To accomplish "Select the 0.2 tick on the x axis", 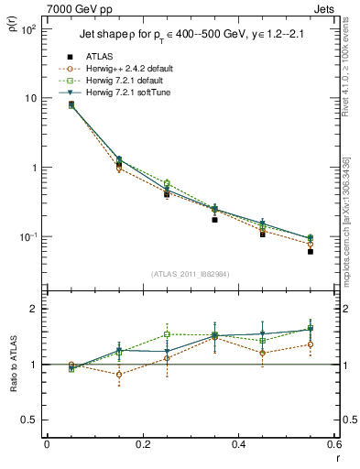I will click(x=142, y=445).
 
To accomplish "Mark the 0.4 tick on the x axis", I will click(x=239, y=445).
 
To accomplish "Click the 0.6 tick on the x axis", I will click(x=334, y=445).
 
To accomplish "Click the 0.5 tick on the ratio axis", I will click(x=31, y=420).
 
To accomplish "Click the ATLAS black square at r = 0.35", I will click(x=214, y=220).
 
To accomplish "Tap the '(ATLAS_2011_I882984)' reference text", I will click(x=191, y=274).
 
